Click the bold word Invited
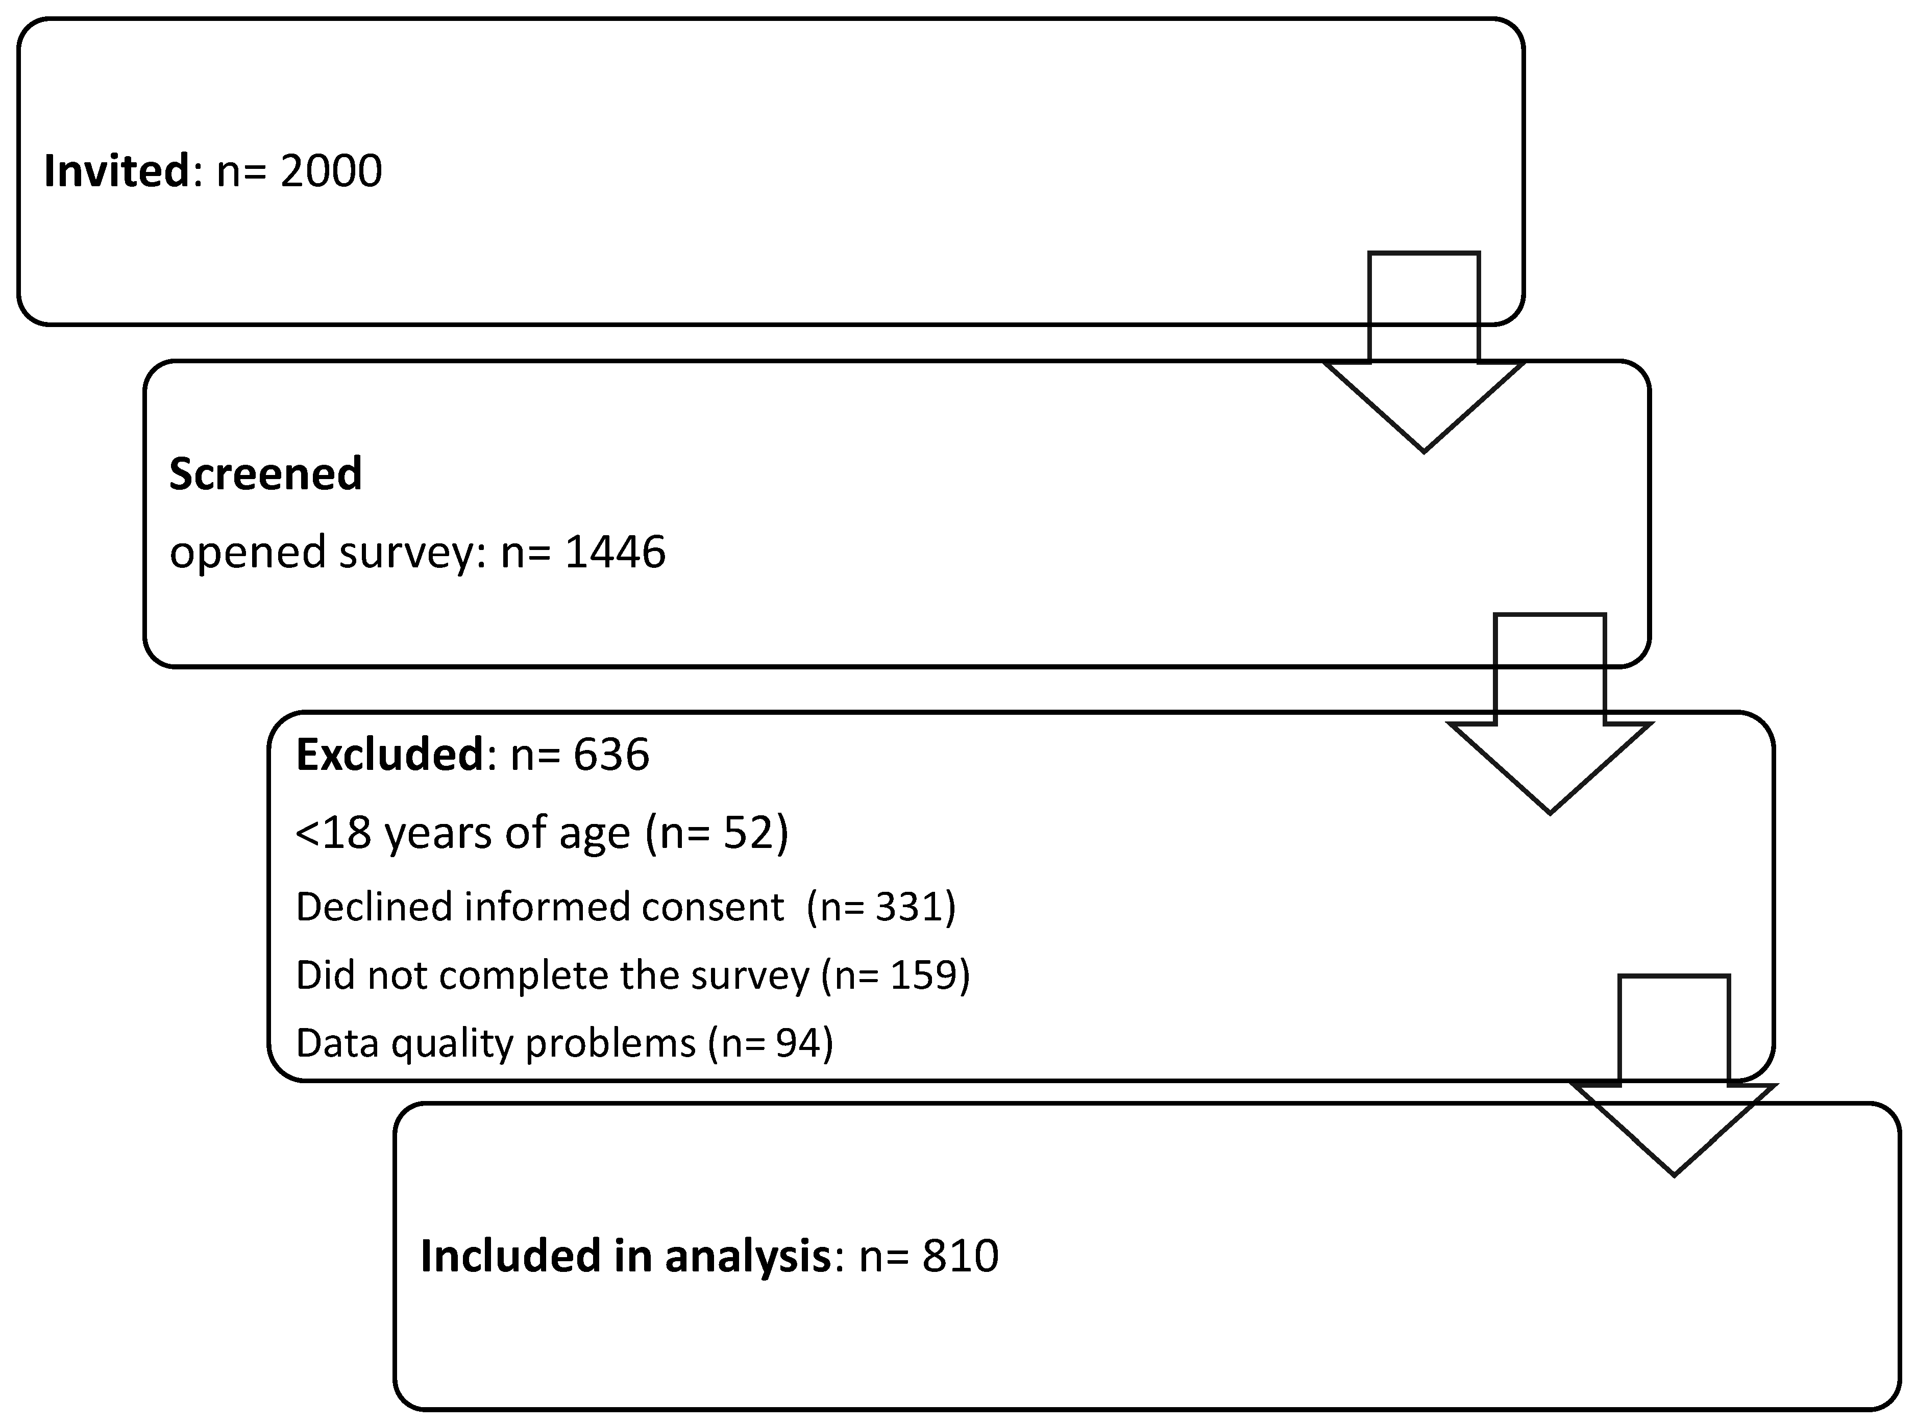pyautogui.click(x=116, y=171)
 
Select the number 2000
pyautogui.click(x=331, y=171)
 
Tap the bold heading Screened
pyautogui.click(x=265, y=474)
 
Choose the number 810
pyautogui.click(x=960, y=1256)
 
